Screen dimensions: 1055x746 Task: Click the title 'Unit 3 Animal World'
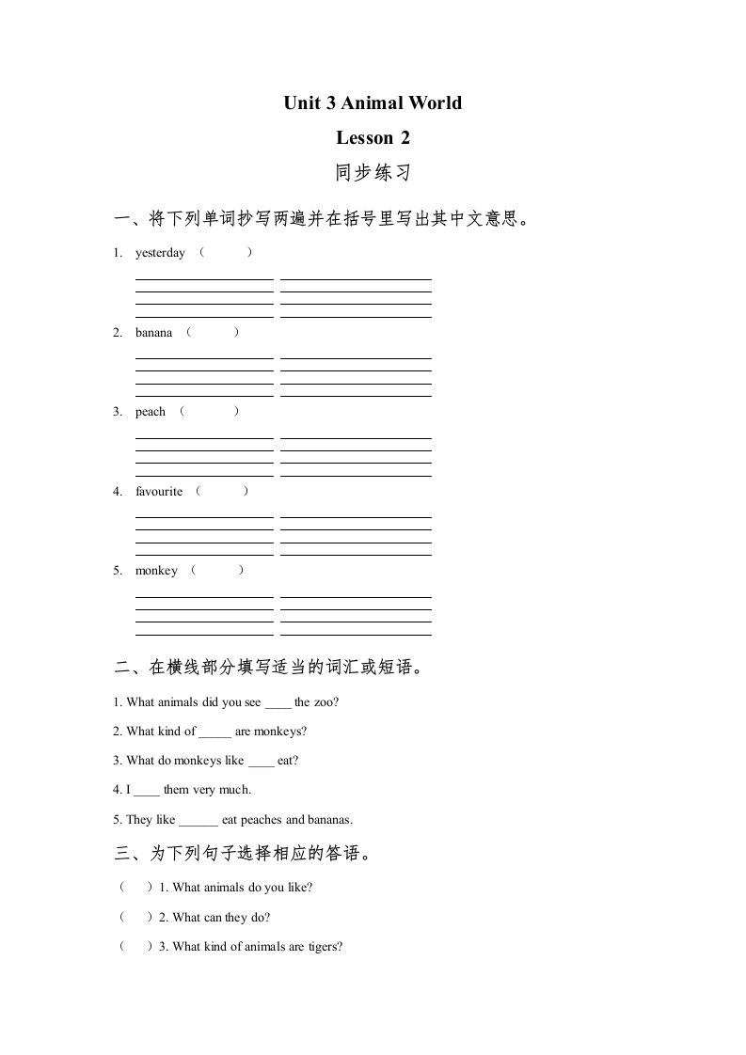click(373, 102)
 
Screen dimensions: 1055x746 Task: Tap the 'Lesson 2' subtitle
click(373, 138)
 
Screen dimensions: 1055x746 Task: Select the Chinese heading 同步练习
click(373, 174)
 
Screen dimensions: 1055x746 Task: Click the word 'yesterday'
click(160, 253)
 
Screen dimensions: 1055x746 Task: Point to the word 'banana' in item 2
click(153, 333)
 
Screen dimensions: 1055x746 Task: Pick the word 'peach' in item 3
click(151, 412)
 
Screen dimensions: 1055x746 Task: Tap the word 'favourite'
click(159, 492)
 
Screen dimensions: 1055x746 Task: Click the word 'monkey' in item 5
click(156, 571)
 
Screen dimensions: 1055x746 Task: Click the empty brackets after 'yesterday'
click(225, 253)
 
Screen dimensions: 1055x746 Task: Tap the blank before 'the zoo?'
click(278, 702)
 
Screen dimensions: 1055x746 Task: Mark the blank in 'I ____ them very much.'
click(148, 791)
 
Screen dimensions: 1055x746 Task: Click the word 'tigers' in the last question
click(323, 947)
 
